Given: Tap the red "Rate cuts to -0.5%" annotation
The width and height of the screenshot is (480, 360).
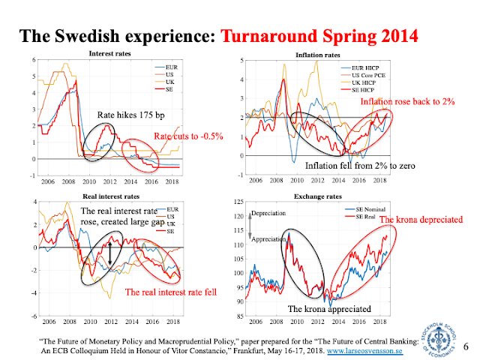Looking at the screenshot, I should click(x=184, y=135).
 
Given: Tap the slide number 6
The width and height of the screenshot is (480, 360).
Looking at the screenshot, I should click(x=466, y=346).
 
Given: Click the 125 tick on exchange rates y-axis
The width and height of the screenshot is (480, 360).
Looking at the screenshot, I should click(x=240, y=203).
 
